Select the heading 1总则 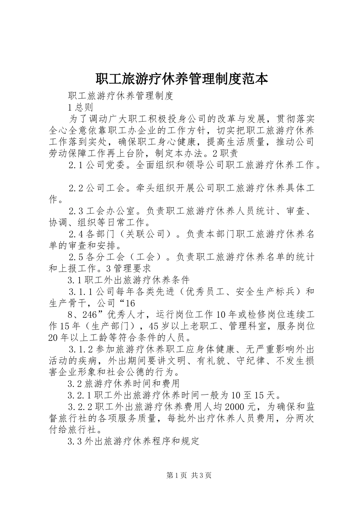coord(80,108)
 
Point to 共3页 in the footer coord(201,475)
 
